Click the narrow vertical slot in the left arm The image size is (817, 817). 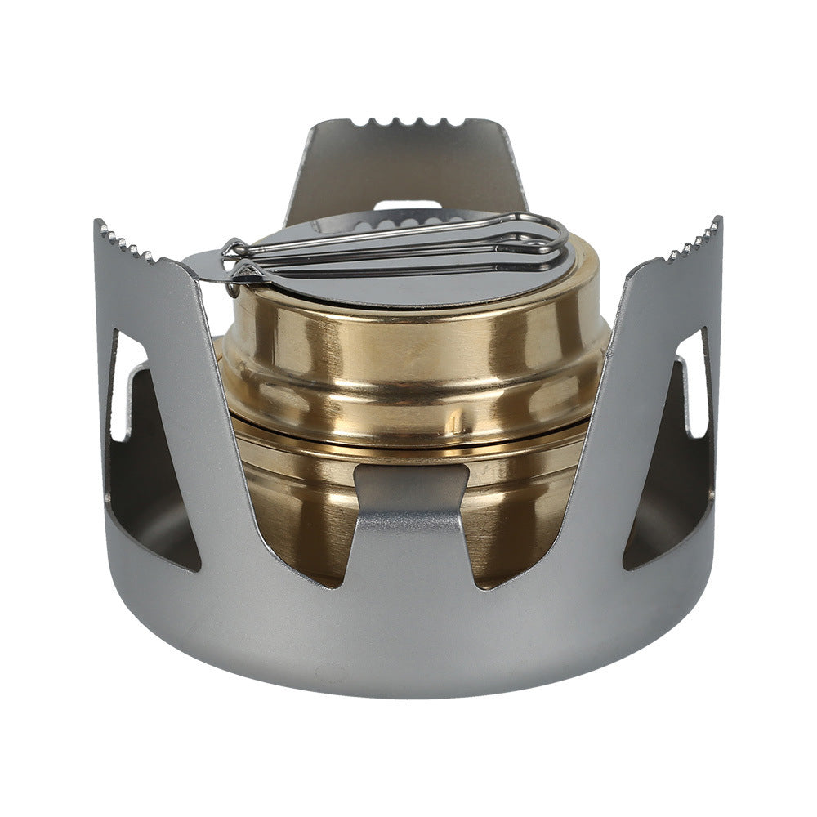tap(118, 384)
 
